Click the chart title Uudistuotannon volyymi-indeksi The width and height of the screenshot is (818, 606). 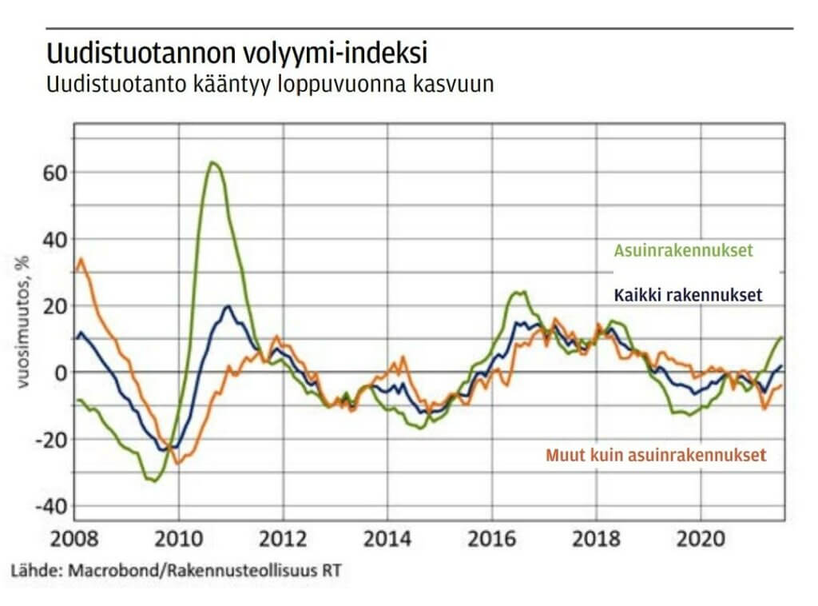237,54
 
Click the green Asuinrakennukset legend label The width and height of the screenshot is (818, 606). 684,250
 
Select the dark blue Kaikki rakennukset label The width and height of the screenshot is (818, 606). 688,295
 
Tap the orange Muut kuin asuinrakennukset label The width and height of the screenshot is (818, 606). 656,456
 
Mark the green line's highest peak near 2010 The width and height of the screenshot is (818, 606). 212,162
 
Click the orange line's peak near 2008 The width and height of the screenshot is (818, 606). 81,259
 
